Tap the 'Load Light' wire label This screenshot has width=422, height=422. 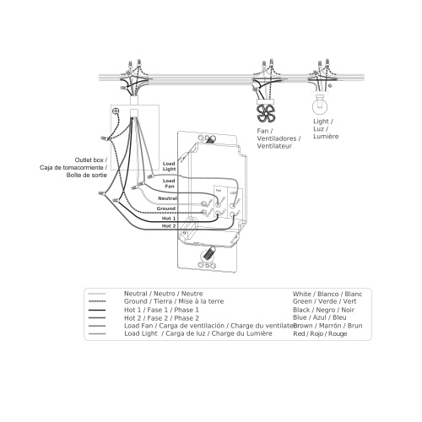(x=169, y=166)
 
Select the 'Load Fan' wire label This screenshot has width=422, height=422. (x=169, y=183)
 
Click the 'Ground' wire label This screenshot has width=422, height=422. (x=165, y=208)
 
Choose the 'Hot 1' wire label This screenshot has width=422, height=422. (x=168, y=218)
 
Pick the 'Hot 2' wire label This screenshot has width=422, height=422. (x=168, y=226)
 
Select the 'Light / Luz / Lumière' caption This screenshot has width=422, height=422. (x=325, y=129)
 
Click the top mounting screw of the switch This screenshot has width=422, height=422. (x=207, y=138)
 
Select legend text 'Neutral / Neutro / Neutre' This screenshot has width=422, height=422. (x=162, y=294)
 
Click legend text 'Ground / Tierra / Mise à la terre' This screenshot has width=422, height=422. (x=173, y=301)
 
